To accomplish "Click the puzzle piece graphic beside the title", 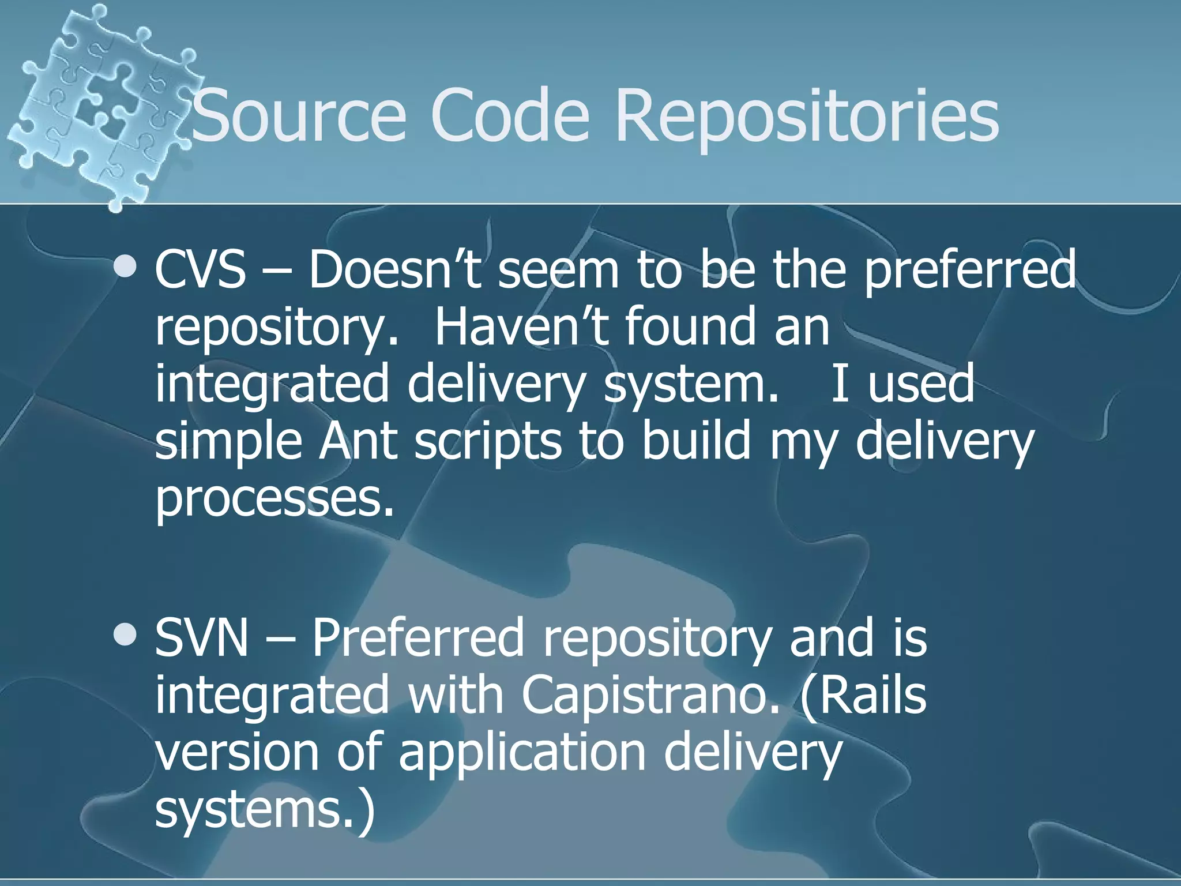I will click(x=104, y=104).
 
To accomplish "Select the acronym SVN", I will click(x=201, y=638).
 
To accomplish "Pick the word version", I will click(x=236, y=753).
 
